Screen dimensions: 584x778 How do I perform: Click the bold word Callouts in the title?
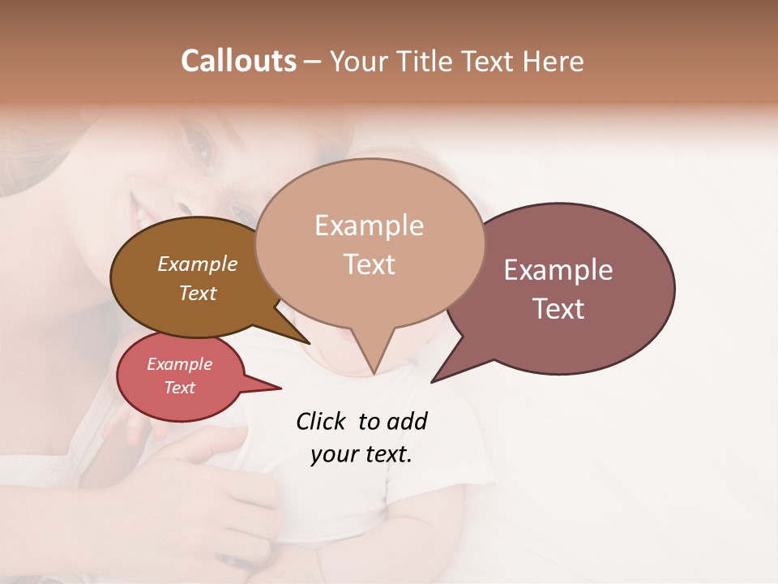point(238,61)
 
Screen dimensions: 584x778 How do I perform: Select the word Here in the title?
point(554,61)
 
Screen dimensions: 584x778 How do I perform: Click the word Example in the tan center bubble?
point(369,225)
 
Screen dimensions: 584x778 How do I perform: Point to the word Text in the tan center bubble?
point(369,264)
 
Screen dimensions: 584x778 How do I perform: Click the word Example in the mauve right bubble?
point(558,270)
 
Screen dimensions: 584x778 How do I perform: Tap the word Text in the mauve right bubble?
point(558,309)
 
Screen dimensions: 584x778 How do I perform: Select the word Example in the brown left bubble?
point(197,264)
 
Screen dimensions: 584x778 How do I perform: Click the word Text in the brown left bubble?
point(197,293)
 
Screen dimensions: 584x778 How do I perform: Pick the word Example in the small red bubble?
point(179,364)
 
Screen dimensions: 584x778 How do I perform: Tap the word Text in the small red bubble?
point(179,388)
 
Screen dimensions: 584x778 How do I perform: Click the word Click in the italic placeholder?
point(321,421)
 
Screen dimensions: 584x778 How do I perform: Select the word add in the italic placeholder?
point(407,421)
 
